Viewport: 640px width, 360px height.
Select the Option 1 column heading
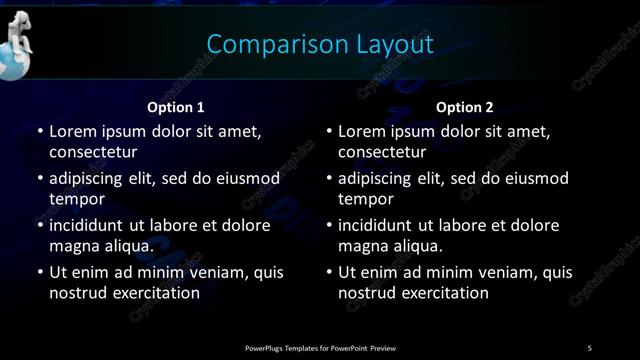[x=176, y=107]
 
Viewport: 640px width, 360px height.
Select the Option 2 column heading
[x=465, y=107]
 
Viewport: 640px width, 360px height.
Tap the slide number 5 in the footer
[x=590, y=347]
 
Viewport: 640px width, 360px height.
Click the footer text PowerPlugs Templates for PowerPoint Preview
[x=320, y=347]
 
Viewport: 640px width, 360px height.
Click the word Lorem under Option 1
[x=72, y=131]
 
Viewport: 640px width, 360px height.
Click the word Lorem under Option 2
[x=362, y=131]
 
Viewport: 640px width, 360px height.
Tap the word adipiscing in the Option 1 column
[x=91, y=178]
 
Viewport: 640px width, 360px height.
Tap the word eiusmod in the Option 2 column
[x=536, y=178]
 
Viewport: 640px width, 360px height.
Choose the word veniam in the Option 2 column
[x=510, y=272]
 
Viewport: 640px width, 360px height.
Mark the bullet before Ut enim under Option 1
[x=39, y=272]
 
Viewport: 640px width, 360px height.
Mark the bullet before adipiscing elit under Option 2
[x=329, y=178]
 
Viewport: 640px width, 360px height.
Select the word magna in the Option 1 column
[x=72, y=245]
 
